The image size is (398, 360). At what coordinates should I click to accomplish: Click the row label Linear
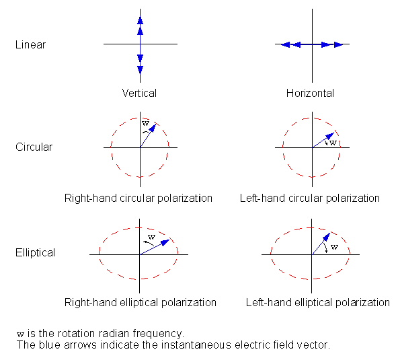coord(30,44)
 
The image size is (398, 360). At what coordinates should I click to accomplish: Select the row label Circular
coord(34,147)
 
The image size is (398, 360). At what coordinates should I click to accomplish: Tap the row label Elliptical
coord(35,253)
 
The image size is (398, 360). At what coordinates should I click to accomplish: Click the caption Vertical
coord(139,93)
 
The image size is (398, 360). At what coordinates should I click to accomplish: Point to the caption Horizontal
coord(310,94)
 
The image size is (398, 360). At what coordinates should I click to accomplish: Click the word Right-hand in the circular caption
coord(91,198)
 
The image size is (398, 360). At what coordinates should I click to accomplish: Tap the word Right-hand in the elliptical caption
coord(91,303)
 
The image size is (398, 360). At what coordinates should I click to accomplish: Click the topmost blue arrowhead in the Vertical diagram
coord(140,20)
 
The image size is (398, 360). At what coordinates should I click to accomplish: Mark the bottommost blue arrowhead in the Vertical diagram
coord(140,69)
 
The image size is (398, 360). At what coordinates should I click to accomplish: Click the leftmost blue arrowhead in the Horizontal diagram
coord(286,44)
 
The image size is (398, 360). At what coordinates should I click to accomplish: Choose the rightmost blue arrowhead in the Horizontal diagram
coord(338,44)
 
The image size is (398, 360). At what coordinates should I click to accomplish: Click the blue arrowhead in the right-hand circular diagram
coord(153,128)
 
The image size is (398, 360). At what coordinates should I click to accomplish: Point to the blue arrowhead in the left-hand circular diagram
coord(330,136)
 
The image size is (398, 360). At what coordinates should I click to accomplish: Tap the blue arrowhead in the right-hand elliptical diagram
coord(165,242)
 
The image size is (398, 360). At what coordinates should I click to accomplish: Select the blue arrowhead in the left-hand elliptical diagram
coord(327,237)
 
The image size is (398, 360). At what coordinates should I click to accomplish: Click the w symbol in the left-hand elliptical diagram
coord(335,247)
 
